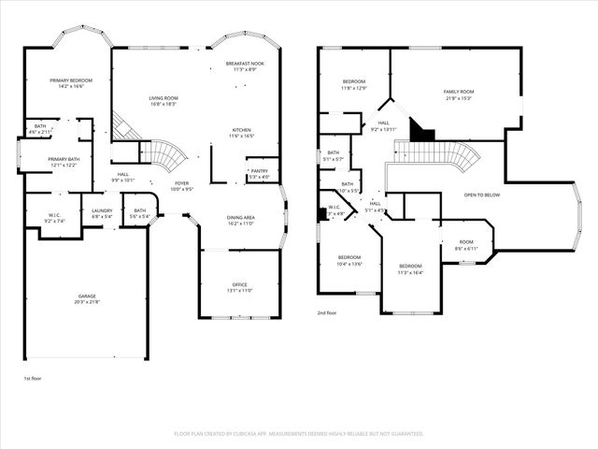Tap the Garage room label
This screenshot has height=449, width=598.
(x=87, y=296)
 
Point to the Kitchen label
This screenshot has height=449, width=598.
(x=242, y=130)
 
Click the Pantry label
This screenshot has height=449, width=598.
(x=259, y=171)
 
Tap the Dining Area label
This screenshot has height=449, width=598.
(x=241, y=218)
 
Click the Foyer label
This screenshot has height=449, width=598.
(x=181, y=183)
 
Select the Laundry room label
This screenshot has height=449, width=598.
(x=102, y=210)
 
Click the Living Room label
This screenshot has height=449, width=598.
(x=164, y=97)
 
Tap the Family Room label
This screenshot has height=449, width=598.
(x=458, y=92)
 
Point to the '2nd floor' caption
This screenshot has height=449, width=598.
(x=328, y=313)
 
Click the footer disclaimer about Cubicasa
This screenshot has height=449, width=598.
(x=299, y=434)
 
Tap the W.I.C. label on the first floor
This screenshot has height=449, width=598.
(x=55, y=214)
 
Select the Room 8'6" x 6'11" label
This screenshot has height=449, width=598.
(x=466, y=243)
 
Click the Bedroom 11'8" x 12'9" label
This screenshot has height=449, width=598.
(x=353, y=81)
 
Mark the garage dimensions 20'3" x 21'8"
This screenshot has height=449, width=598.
(x=87, y=301)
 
